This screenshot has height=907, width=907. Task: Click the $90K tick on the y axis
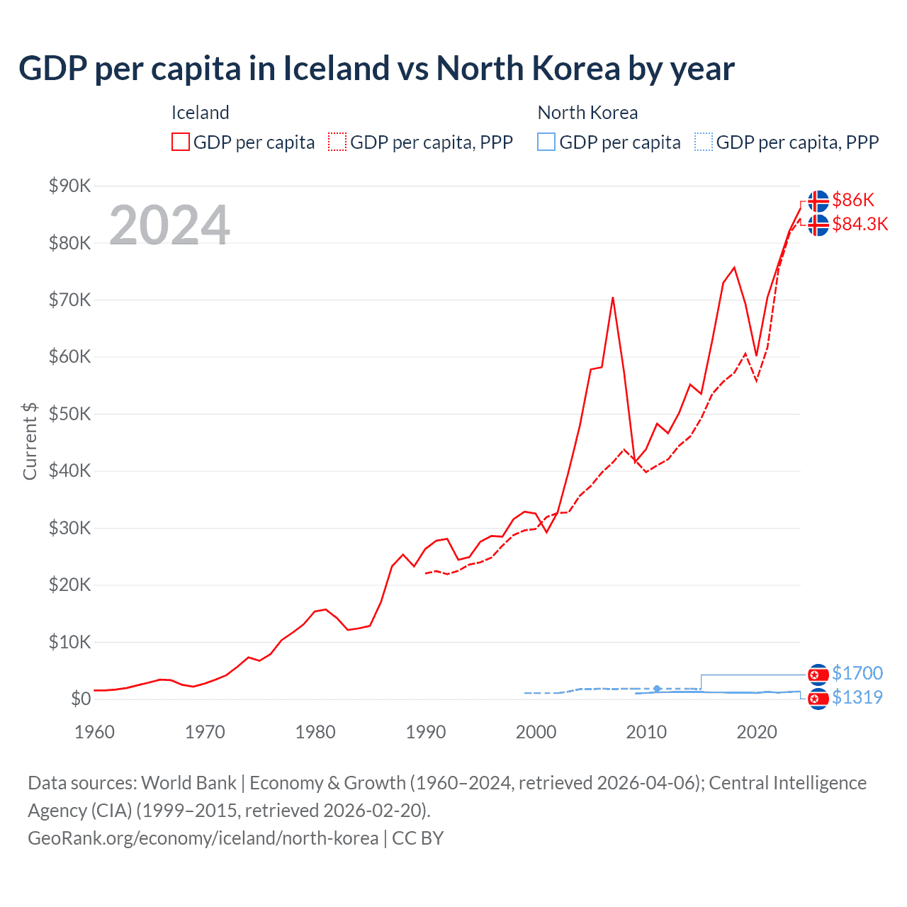coord(69,186)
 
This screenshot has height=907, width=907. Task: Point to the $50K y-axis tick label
coord(69,414)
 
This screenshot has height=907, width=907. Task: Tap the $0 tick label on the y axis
coord(81,699)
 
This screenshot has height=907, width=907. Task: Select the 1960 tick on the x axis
coord(94,732)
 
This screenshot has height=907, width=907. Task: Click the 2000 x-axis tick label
coord(536,732)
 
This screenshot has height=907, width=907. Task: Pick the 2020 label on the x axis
coord(757,732)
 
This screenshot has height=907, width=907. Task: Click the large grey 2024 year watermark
coord(169,225)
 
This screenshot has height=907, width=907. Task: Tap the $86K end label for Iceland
coord(853,200)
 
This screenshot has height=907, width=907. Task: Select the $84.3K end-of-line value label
coord(860,224)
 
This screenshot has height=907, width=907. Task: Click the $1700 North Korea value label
coord(857,673)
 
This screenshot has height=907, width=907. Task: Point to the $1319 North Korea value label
coord(857,697)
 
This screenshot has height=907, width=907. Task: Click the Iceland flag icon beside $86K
coord(818,201)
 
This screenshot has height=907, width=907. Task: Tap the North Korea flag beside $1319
coord(818,699)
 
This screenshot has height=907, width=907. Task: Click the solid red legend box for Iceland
coord(181,142)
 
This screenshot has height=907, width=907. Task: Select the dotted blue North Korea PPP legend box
coord(704,142)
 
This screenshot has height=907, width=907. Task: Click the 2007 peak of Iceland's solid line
coord(613,298)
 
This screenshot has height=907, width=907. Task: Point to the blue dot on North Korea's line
coord(657,689)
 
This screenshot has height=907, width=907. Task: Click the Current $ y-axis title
coord(30,441)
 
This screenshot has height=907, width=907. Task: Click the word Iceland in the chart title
coord(336,69)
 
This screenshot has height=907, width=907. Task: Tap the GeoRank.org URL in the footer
coord(203,838)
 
